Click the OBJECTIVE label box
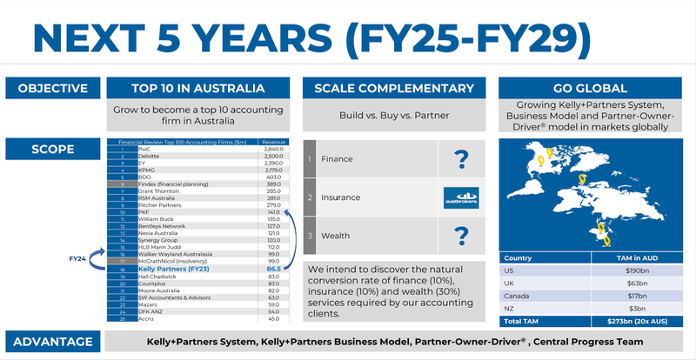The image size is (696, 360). [52, 88]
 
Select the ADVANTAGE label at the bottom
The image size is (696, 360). [52, 341]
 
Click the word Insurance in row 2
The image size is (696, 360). [343, 197]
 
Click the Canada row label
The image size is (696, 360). [517, 295]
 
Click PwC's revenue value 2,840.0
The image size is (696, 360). [273, 150]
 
